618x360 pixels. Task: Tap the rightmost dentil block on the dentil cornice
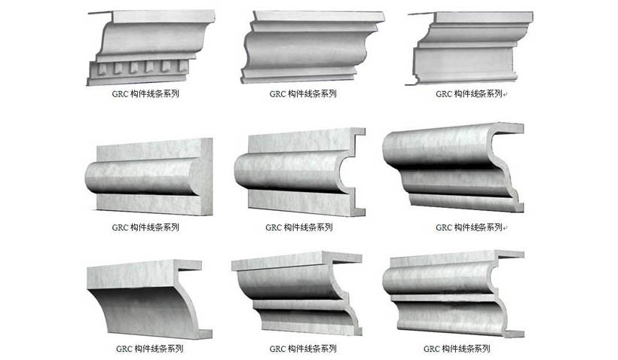coord(182,66)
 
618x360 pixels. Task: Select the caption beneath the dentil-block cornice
coord(145,93)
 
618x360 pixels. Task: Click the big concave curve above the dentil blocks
coord(151,38)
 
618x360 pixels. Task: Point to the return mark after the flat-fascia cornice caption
coord(505,94)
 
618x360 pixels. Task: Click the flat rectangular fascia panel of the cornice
coord(463,59)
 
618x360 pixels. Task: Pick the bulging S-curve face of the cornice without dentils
coord(305,49)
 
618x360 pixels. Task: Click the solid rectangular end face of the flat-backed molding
coord(207,176)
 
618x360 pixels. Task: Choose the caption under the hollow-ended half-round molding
coord(298,227)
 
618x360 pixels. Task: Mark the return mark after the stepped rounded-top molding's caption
coord(505,227)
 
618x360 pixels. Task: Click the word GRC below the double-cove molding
coord(277,349)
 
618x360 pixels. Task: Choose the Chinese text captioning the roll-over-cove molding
coord(466,349)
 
